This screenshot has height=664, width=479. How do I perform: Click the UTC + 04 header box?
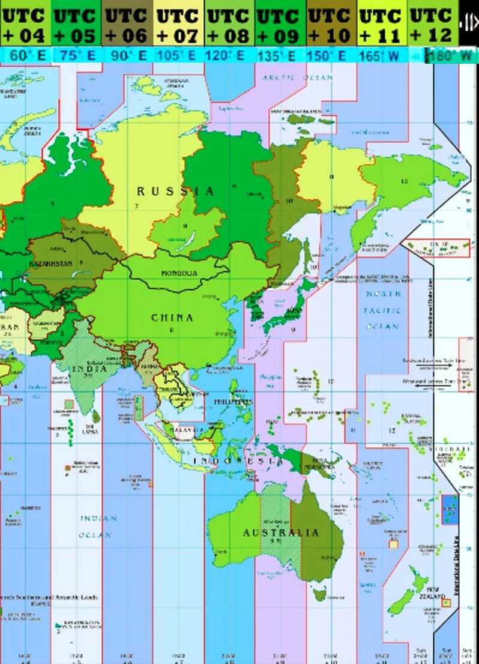(25, 24)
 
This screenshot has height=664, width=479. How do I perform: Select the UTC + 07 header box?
(179, 24)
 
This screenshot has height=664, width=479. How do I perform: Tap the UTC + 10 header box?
(331, 24)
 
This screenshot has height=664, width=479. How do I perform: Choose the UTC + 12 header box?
(433, 24)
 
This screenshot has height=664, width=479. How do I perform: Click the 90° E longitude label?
(127, 55)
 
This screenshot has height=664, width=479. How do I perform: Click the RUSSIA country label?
(175, 192)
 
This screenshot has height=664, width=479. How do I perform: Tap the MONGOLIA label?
(179, 273)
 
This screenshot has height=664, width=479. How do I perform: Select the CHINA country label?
(172, 318)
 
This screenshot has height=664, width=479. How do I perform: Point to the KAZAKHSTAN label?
(51, 264)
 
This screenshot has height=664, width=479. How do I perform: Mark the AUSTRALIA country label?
(281, 533)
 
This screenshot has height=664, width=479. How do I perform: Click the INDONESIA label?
(238, 461)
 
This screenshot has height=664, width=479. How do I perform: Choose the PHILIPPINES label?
(233, 402)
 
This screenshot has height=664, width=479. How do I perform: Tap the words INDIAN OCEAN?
(98, 526)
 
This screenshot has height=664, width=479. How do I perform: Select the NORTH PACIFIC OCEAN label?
(383, 310)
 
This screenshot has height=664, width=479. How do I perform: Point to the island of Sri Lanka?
(97, 415)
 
